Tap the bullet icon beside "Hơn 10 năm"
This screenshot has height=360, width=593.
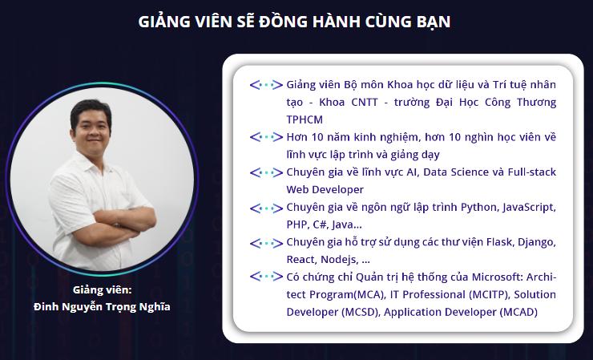pyautogui.click(x=266, y=137)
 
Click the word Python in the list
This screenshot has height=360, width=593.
pyautogui.click(x=478, y=207)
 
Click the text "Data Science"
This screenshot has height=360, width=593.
pyautogui.click(x=458, y=172)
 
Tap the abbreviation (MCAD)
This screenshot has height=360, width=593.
pyautogui.click(x=518, y=312)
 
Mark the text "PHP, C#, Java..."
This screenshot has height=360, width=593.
pyautogui.click(x=324, y=224)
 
